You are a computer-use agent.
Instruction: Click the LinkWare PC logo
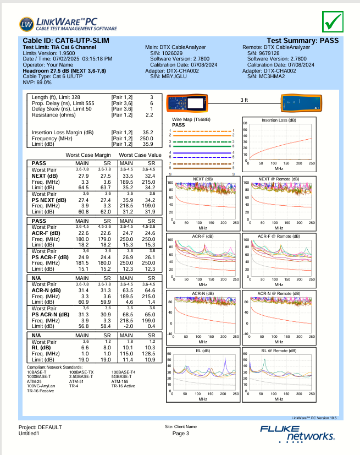(x=68, y=24)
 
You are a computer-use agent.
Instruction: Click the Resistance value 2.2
(x=149, y=115)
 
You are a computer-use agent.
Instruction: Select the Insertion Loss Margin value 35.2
(x=147, y=133)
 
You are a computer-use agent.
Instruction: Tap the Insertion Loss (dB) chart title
(x=278, y=120)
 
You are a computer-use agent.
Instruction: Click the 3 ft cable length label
(x=245, y=100)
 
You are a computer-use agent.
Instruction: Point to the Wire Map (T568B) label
(x=191, y=119)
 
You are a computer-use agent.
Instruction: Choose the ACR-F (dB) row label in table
(x=45, y=233)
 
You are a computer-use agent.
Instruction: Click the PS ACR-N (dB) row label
(x=50, y=314)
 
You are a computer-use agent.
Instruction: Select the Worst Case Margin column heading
(x=88, y=155)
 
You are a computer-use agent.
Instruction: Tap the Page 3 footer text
(x=180, y=434)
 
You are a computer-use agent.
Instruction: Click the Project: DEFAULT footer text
(x=40, y=427)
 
